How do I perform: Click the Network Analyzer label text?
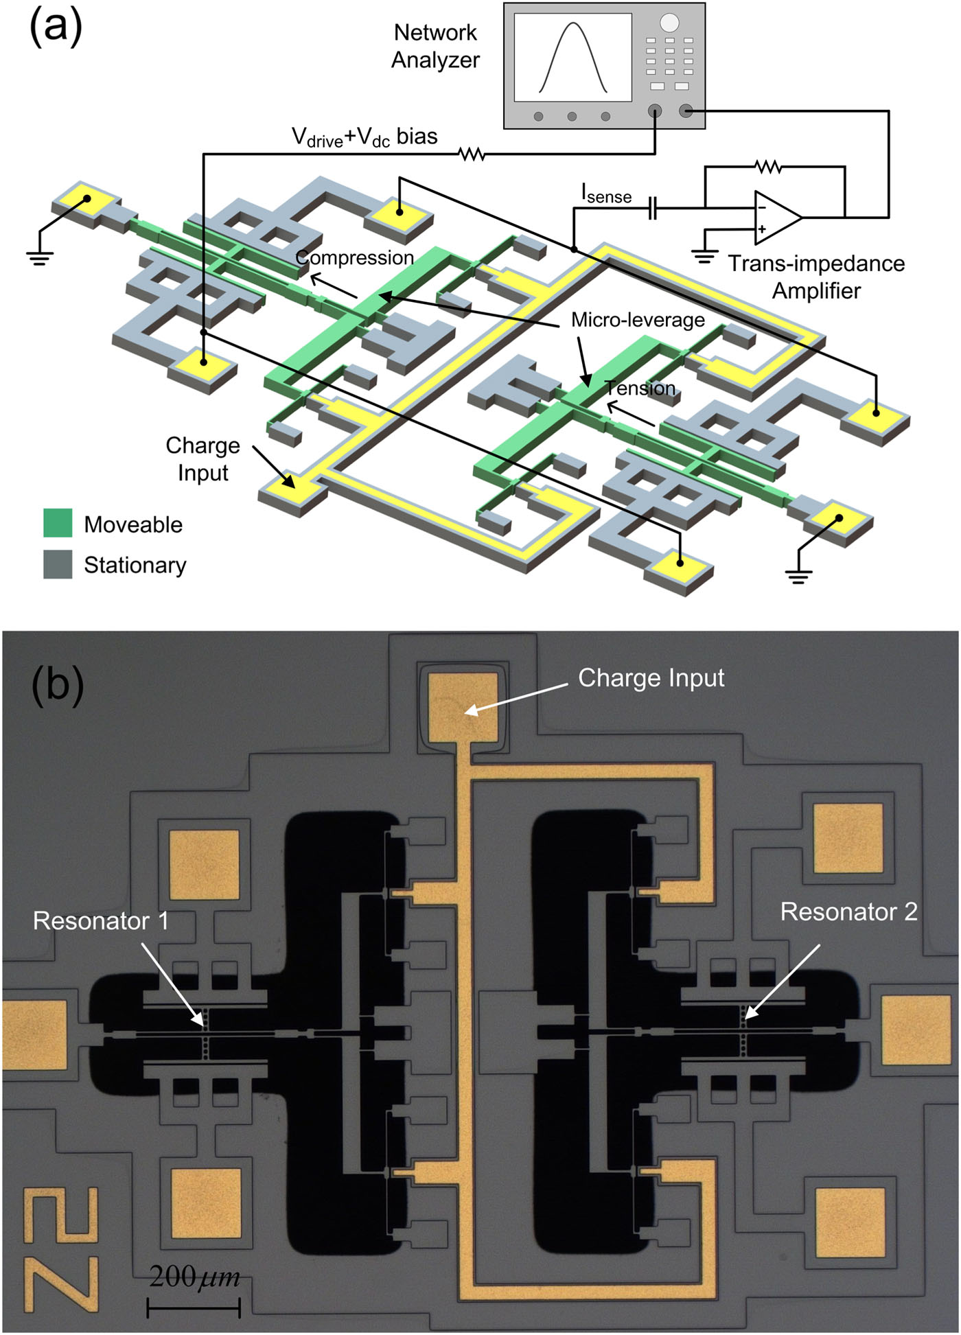[x=435, y=46]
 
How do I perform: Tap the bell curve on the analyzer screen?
[x=573, y=58]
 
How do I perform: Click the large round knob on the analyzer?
[x=669, y=23]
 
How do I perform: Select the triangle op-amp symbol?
[x=776, y=217]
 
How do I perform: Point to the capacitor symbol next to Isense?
[x=652, y=207]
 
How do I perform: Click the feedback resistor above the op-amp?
[x=768, y=166]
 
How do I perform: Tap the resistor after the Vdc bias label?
[x=472, y=154]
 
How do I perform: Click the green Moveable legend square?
[x=58, y=523]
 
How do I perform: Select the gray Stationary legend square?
[x=58, y=564]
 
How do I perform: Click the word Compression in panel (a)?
[x=354, y=257]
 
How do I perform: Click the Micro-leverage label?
[x=638, y=320]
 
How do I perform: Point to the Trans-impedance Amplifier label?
[x=816, y=277]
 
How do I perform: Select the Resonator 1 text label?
[x=101, y=920]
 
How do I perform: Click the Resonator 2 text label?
[x=848, y=912]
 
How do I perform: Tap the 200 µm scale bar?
[x=194, y=1307]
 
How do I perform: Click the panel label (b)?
[x=58, y=684]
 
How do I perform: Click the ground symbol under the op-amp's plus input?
[x=704, y=257]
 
